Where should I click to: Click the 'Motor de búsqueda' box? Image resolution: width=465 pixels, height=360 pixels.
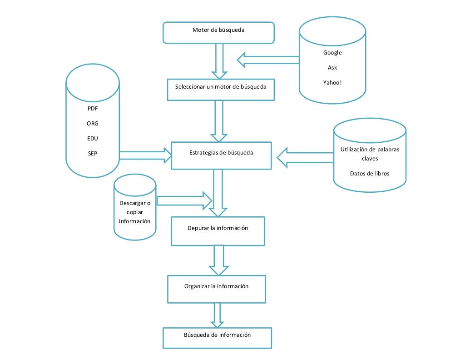coord(219,32)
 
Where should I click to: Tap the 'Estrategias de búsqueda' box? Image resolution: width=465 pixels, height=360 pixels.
coord(221,155)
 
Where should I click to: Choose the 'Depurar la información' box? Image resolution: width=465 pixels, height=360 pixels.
coord(218,231)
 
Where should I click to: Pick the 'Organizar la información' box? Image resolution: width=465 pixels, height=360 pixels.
coord(216,289)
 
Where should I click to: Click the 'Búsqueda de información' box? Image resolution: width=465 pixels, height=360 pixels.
coord(217,338)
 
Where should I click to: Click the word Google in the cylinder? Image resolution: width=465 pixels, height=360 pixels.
coord(332,53)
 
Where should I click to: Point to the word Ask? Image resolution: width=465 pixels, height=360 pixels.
coord(332,68)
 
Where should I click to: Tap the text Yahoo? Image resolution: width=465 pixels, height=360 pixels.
coord(332,83)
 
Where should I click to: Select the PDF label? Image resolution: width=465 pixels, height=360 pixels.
coord(93,109)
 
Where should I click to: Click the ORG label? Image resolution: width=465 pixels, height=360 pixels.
coord(93,124)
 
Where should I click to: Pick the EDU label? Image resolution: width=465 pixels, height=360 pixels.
coord(93,138)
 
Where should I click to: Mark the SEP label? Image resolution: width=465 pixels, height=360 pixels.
coord(93,153)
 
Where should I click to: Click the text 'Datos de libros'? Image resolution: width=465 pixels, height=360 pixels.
coord(370,174)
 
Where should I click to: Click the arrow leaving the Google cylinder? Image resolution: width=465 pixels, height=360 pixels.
coord(267,60)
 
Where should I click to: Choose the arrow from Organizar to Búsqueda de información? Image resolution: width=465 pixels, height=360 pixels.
coord(217,315)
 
